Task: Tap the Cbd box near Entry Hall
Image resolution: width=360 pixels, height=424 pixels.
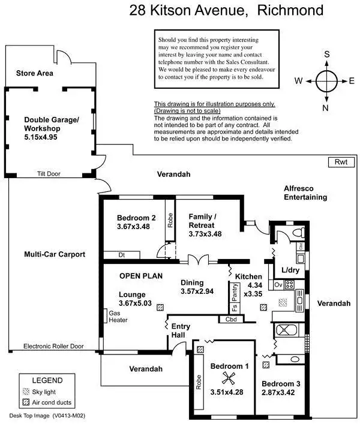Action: coord(231,319)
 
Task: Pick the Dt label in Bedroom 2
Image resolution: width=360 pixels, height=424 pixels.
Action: coord(121,254)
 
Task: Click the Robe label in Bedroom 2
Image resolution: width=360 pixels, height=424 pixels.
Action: coord(170,221)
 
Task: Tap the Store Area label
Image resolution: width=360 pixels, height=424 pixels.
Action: coord(35,73)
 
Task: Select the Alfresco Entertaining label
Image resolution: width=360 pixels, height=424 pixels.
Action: coord(307,193)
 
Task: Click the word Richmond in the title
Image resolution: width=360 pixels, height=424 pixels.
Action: coord(291,10)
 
